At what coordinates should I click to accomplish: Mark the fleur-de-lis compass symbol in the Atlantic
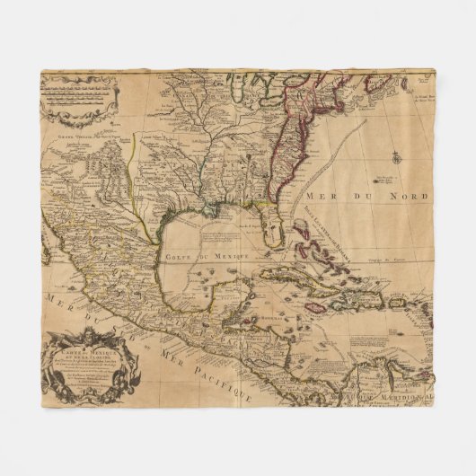pos(392,156)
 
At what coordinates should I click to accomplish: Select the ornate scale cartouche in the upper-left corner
pos(79,98)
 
